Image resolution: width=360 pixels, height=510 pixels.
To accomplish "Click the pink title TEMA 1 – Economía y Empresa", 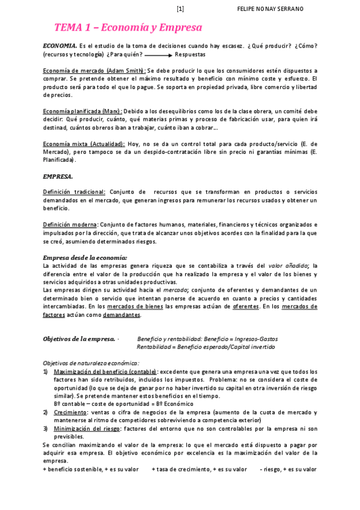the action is click(x=128, y=28).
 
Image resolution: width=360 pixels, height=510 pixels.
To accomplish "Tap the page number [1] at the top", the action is click(x=180, y=8).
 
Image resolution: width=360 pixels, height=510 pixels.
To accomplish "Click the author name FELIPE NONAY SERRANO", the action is click(x=270, y=8).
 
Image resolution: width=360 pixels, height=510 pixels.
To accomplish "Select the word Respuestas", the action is click(x=190, y=54).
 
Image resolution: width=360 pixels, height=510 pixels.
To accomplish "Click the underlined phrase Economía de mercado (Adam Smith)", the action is click(x=94, y=70).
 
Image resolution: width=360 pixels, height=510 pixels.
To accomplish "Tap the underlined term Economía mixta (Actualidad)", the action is click(x=84, y=144).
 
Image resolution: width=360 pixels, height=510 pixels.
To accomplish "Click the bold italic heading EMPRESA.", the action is click(x=58, y=176).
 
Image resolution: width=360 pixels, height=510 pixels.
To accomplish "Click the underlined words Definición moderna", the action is click(x=70, y=224).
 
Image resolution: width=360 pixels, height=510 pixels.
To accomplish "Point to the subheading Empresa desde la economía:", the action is click(x=85, y=257).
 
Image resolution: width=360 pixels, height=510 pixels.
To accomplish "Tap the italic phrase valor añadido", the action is click(x=292, y=265).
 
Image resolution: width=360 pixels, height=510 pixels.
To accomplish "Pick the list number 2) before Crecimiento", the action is click(x=46, y=412).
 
